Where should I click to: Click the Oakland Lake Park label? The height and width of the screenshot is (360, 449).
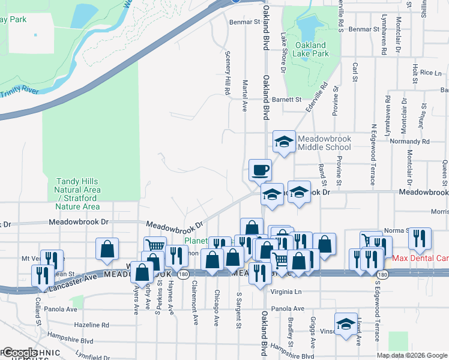pyautogui.click(x=310, y=49)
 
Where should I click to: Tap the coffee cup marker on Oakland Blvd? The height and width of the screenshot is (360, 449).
pyautogui.click(x=260, y=170)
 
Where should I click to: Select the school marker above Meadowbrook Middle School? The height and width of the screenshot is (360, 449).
pyautogui.click(x=285, y=142)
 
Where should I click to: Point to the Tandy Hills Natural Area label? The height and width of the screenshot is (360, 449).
pyautogui.click(x=78, y=194)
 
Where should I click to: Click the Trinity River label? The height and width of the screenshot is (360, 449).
pyautogui.click(x=19, y=92)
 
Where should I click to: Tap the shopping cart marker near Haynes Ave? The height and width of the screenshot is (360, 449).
pyautogui.click(x=155, y=246)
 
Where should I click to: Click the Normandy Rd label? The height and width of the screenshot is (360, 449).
pyautogui.click(x=410, y=142)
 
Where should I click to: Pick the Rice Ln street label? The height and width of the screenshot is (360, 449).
pyautogui.click(x=430, y=73)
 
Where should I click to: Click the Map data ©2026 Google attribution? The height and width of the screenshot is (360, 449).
pyautogui.click(x=412, y=355)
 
